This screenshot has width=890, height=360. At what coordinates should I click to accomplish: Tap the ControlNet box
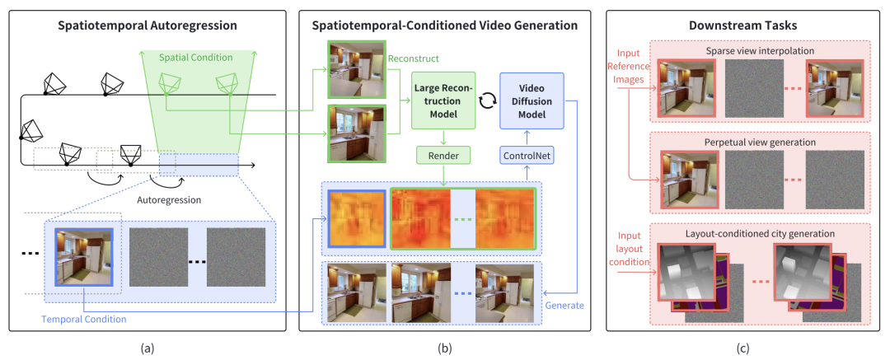[527, 154]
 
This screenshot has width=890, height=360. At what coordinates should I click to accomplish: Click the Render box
[444, 154]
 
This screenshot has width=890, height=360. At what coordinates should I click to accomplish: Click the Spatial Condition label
[187, 58]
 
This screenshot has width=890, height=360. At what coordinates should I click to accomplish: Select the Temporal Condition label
[84, 319]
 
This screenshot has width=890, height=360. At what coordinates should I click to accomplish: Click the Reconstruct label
[413, 58]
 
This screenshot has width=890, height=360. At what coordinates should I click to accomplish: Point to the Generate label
[564, 306]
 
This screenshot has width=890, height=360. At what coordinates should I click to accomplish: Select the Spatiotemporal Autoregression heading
[147, 26]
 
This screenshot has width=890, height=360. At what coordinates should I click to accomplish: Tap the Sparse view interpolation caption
[760, 51]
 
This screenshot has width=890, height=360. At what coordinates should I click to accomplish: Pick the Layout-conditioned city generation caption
[760, 233]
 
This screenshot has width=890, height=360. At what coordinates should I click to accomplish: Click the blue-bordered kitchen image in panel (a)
[84, 257]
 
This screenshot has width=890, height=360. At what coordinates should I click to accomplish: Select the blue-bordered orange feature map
[357, 218]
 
